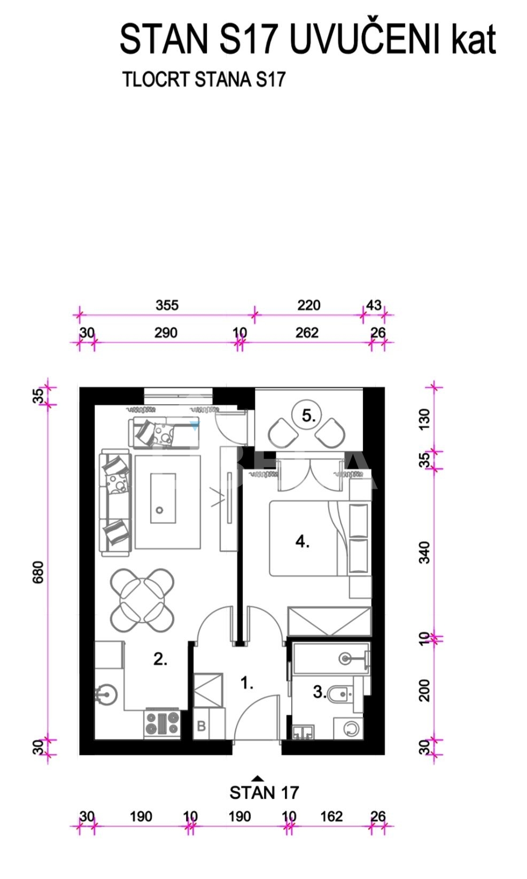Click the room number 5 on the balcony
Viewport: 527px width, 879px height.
pyautogui.click(x=308, y=416)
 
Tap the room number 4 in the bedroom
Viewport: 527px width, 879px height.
pyautogui.click(x=302, y=542)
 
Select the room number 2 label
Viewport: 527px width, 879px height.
pyautogui.click(x=160, y=659)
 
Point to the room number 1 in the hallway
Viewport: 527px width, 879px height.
pyautogui.click(x=247, y=683)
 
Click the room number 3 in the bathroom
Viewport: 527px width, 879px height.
pyautogui.click(x=320, y=692)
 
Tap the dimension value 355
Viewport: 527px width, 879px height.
pyautogui.click(x=167, y=305)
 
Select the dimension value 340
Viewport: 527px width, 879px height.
pyautogui.click(x=424, y=552)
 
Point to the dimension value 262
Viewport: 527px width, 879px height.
pyautogui.click(x=307, y=333)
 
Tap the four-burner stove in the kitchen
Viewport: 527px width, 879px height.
pyautogui.click(x=162, y=724)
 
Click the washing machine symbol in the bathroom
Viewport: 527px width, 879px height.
pyautogui.click(x=348, y=728)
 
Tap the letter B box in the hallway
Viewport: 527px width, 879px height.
pyautogui.click(x=201, y=726)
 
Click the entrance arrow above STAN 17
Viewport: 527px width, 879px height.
pyautogui.click(x=258, y=778)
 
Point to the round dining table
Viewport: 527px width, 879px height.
pyautogui.click(x=143, y=600)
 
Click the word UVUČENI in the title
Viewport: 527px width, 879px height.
pyautogui.click(x=365, y=39)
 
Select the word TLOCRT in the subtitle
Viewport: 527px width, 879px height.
pyautogui.click(x=156, y=79)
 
